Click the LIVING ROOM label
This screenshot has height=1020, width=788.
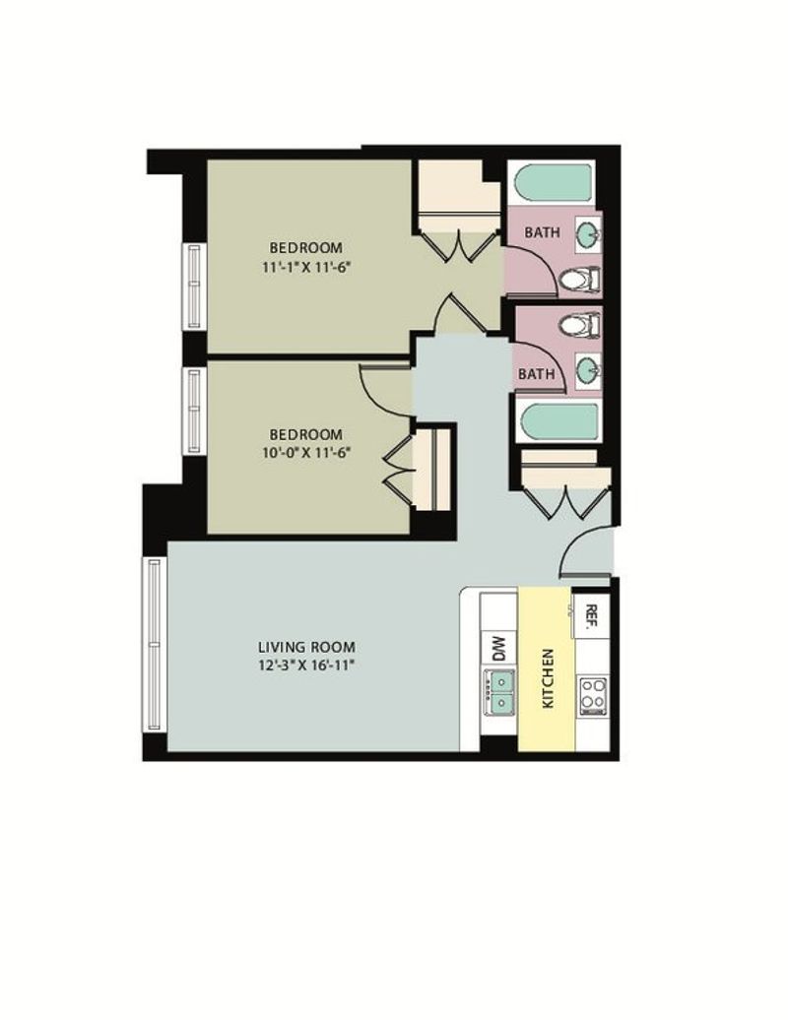click(306, 647)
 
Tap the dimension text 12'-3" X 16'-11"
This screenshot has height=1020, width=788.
click(306, 666)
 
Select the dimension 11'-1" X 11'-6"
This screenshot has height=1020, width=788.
click(305, 267)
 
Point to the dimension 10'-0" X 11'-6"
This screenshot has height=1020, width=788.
click(305, 452)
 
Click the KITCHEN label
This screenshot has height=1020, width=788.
click(548, 677)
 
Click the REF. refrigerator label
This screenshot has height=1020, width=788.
click(591, 616)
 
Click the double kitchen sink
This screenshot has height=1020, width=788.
click(498, 692)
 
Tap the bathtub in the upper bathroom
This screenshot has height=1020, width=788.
click(554, 183)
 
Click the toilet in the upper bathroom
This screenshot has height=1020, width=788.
click(580, 280)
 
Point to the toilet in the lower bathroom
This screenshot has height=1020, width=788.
click(580, 324)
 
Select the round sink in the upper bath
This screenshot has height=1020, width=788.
click(588, 233)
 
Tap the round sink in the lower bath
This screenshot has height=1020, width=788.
click(588, 370)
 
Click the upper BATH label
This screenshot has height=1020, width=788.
click(542, 232)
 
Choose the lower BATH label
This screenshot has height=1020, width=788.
click(537, 374)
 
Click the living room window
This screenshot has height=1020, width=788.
click(155, 644)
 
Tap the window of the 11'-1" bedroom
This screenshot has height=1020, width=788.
click(194, 286)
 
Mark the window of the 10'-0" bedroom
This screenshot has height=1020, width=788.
click(194, 412)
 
